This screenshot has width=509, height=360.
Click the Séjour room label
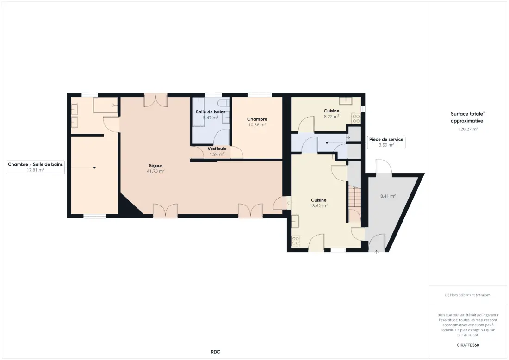click(155, 166)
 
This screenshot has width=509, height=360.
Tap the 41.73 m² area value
click(155, 171)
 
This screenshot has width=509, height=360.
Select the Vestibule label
click(217, 149)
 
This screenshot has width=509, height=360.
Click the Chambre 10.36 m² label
click(257, 122)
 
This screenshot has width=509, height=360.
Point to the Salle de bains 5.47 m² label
click(211, 115)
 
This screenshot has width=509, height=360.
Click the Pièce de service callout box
click(386, 142)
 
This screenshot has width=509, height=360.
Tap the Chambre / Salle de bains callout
click(35, 167)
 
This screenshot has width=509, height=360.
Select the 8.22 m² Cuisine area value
click(331, 116)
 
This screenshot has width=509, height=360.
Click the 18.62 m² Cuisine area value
click(318, 205)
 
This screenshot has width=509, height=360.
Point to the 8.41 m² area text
click(388, 196)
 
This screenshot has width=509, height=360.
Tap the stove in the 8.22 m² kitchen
click(356, 118)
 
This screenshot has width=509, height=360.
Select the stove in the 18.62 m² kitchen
click(295, 241)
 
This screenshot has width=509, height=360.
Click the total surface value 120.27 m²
click(468, 129)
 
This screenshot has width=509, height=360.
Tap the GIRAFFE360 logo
click(468, 345)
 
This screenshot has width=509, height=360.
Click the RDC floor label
click(216, 352)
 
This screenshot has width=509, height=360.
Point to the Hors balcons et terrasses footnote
click(468, 295)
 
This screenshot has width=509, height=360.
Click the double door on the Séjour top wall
click(156, 100)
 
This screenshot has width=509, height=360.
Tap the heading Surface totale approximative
click(467, 117)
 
